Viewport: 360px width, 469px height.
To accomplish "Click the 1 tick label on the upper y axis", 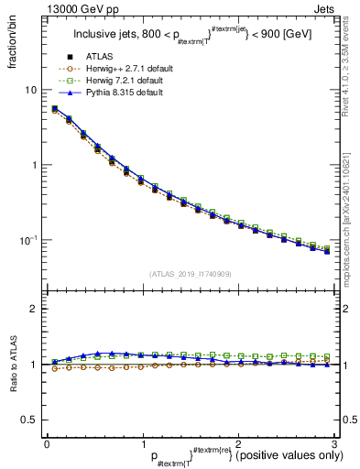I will [35, 165].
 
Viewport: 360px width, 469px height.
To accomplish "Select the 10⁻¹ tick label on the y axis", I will [29, 239].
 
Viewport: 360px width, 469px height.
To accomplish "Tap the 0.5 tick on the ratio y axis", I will [30, 420].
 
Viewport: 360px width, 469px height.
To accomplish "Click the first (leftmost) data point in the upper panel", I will [55, 109].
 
